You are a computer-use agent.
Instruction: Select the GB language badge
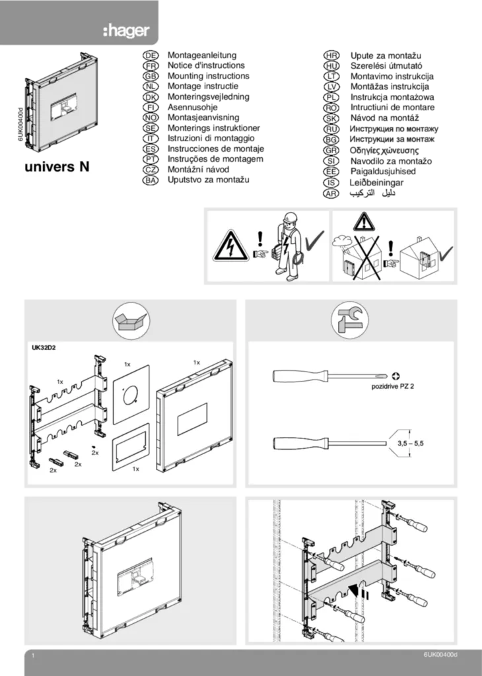151,76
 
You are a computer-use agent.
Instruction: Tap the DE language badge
151,56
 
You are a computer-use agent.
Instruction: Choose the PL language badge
331,97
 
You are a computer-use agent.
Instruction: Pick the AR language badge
331,193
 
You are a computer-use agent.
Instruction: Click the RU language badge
331,129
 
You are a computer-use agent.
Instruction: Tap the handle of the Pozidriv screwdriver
300,376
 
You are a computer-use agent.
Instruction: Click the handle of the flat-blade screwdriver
300,443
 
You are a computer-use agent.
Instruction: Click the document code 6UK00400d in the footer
440,654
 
